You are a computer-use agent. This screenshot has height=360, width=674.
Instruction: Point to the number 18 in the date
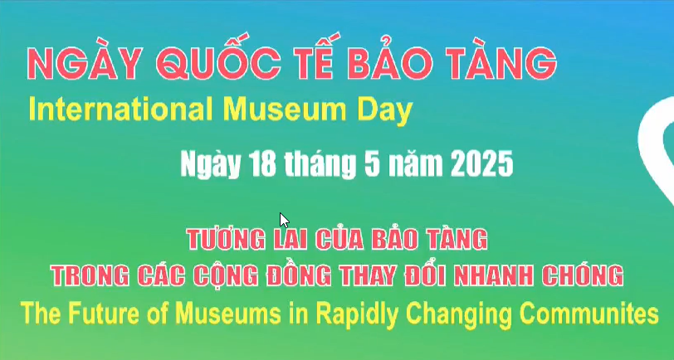262,163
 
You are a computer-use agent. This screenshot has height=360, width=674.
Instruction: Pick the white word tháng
320,164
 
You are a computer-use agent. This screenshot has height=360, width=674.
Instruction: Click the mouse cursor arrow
284,220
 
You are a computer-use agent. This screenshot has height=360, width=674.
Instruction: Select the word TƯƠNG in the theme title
226,238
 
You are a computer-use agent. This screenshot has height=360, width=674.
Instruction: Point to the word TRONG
90,275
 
